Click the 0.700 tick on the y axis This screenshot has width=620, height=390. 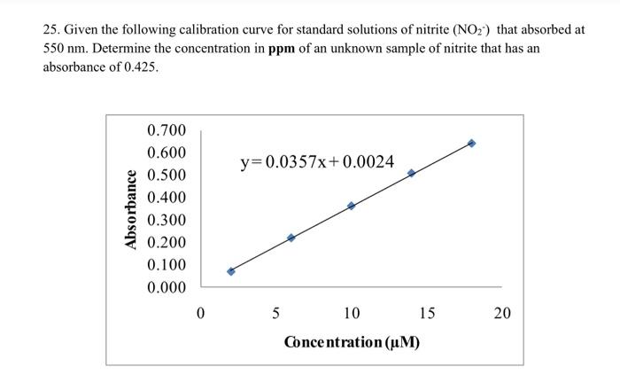(x=167, y=131)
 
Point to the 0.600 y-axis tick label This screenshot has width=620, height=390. (x=167, y=153)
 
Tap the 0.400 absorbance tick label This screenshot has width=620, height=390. (x=167, y=198)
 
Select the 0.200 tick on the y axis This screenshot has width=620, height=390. (x=167, y=243)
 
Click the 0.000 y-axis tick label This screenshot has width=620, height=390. (x=167, y=288)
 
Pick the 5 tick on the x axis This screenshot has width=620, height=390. (x=275, y=313)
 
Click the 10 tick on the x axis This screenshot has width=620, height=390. (x=352, y=313)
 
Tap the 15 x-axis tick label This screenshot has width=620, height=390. (x=427, y=313)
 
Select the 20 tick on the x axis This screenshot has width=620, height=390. (x=502, y=313)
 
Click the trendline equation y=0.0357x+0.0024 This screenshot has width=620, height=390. (x=317, y=162)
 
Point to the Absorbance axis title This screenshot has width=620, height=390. (x=130, y=209)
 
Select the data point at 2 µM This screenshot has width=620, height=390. (x=231, y=271)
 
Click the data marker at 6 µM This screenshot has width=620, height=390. (x=291, y=238)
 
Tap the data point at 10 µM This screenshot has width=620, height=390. (x=352, y=206)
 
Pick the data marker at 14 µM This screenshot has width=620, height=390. (x=412, y=173)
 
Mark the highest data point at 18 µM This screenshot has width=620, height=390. (x=471, y=143)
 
